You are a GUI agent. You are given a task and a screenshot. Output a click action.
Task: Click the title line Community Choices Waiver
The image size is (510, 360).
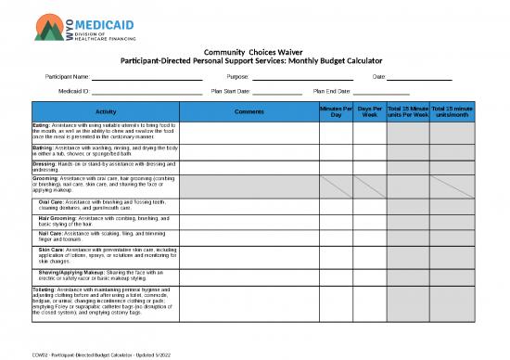point(254,52)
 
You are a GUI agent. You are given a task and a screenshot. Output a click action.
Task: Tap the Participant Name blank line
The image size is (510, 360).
point(147,76)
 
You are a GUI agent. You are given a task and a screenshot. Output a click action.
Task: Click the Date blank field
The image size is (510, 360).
point(418,76)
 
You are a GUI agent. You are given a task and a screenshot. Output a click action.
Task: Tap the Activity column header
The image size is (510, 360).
point(106,111)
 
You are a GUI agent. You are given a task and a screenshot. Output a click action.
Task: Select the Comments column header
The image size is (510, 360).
point(249,111)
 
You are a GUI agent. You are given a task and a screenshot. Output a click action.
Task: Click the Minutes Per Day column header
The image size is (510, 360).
point(336,111)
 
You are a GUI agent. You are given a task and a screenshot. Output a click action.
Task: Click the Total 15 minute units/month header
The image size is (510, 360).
point(453,111)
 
